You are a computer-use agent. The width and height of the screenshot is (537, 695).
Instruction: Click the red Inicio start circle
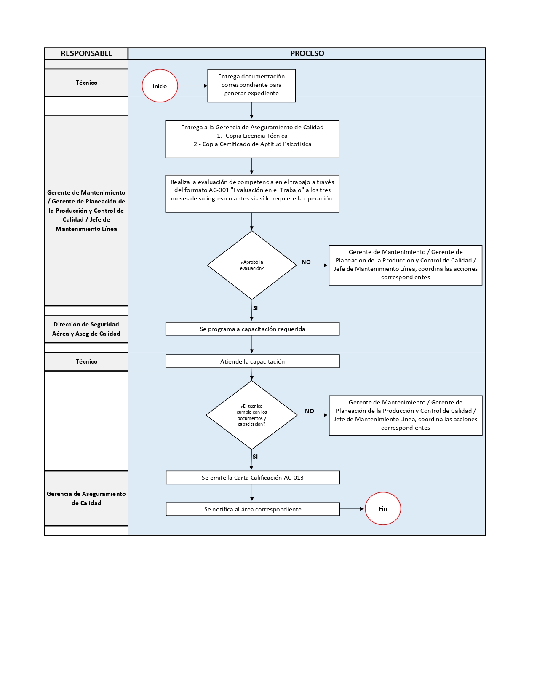point(160,86)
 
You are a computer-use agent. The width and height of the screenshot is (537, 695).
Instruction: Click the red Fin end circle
point(382,508)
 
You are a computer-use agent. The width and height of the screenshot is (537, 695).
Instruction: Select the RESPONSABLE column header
point(86,53)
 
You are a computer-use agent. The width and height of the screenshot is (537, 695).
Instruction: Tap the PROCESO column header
point(307,53)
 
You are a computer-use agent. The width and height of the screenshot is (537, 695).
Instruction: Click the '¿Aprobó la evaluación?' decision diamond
point(252,265)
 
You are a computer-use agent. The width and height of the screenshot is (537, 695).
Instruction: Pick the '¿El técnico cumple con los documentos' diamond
point(252,415)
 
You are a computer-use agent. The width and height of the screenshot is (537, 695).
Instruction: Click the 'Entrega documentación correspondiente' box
point(251,85)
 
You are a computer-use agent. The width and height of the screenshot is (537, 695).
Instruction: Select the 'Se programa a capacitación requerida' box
point(252,329)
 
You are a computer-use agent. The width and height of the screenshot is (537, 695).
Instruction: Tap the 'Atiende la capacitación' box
point(252,361)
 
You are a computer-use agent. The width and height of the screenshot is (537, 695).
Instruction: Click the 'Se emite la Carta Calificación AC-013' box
point(252,478)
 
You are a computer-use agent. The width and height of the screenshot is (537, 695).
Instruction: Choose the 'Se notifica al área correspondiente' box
point(252,509)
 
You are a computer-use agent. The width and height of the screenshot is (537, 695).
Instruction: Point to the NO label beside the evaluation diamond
point(306,262)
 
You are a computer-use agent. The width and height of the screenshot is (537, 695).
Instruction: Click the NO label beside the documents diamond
point(310,411)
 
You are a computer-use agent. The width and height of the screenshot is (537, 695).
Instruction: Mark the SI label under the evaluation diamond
point(255,308)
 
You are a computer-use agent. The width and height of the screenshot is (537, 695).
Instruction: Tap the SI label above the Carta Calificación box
point(255,457)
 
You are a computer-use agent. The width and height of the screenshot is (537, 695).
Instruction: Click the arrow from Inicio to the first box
point(192,86)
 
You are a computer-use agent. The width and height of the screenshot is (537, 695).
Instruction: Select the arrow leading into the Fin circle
point(352,509)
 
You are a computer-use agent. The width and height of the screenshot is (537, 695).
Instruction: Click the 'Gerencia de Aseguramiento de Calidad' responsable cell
point(86,498)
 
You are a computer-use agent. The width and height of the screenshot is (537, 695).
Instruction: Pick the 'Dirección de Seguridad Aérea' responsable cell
point(86,329)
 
